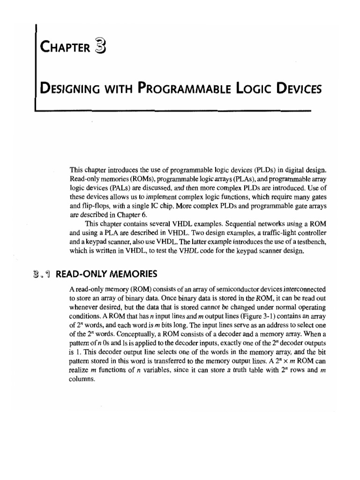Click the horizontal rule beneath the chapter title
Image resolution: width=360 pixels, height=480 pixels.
pos(173,111)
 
